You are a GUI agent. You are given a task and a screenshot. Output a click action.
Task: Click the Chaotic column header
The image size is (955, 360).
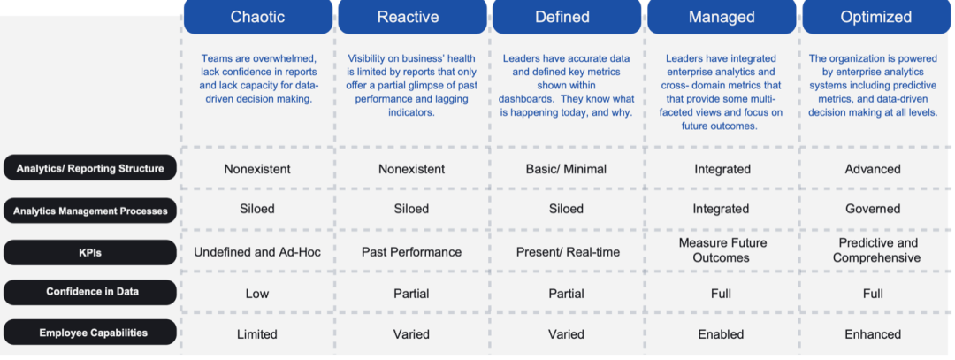[257, 17]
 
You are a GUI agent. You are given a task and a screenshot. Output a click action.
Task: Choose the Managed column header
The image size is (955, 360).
[722, 17]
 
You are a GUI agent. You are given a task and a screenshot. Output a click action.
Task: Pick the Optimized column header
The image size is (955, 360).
[876, 17]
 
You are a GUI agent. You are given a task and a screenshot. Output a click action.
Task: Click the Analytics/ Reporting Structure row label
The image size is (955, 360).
[90, 168]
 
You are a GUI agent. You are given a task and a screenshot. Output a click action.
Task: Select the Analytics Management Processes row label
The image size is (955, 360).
[90, 211]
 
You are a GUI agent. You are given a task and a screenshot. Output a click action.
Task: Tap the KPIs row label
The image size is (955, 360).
[90, 252]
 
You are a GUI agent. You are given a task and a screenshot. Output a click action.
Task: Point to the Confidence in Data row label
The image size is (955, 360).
[90, 292]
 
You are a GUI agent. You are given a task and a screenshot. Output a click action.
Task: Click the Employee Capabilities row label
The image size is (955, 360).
[90, 333]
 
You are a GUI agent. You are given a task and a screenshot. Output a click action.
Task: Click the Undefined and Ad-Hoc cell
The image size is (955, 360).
[257, 252]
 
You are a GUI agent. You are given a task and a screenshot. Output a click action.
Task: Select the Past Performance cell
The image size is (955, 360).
[412, 252]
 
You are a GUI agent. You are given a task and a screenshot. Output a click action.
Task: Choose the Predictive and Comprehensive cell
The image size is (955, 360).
[876, 250]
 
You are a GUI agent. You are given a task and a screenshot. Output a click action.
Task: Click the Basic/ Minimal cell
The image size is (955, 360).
[567, 169]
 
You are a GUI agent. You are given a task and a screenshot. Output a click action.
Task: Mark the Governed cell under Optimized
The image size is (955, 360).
[873, 209]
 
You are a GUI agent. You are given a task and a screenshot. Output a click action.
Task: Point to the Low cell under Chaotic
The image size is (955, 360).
[257, 294]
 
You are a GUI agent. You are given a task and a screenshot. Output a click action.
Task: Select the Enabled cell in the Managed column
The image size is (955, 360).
[722, 334]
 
